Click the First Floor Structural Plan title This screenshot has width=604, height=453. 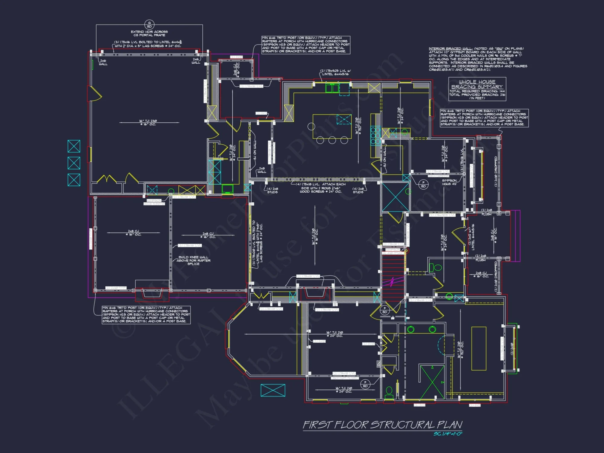[x=382, y=425]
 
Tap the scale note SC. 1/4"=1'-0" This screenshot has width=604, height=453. [x=448, y=434]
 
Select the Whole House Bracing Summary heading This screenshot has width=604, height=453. [x=477, y=84]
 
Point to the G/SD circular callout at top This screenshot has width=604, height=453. [x=149, y=24]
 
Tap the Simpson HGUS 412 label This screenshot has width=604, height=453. [x=449, y=182]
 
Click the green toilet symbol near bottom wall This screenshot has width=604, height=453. [x=389, y=392]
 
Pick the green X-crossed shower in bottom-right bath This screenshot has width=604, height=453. [x=432, y=382]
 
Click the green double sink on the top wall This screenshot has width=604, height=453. [x=332, y=88]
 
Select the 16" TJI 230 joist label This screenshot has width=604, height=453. [x=148, y=122]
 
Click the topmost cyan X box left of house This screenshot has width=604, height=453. [x=74, y=146]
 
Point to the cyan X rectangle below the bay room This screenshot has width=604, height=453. [x=273, y=390]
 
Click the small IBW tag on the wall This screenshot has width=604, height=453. [x=378, y=364]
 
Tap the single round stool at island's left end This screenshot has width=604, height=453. [x=311, y=126]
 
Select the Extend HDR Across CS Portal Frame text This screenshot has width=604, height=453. [x=149, y=33]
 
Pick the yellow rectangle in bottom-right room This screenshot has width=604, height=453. [x=479, y=348]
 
